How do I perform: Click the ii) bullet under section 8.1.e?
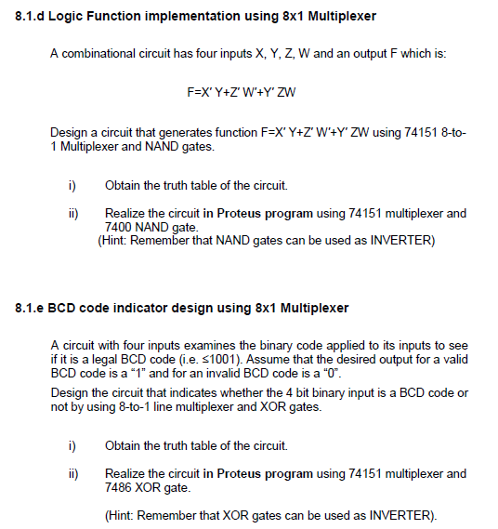pos(72,474)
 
